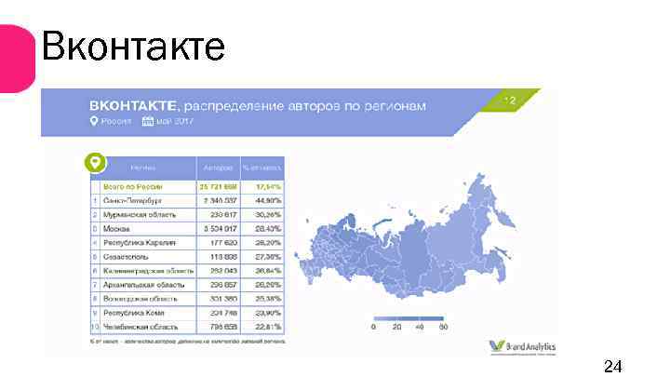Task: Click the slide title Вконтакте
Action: [133, 46]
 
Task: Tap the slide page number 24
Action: [612, 364]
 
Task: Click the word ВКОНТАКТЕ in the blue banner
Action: [131, 105]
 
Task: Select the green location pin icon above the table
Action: [94, 163]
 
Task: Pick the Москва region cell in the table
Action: [117, 228]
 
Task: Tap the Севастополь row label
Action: [128, 255]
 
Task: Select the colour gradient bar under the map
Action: [409, 316]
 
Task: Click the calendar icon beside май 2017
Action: [147, 121]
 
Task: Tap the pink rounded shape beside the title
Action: [16, 58]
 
